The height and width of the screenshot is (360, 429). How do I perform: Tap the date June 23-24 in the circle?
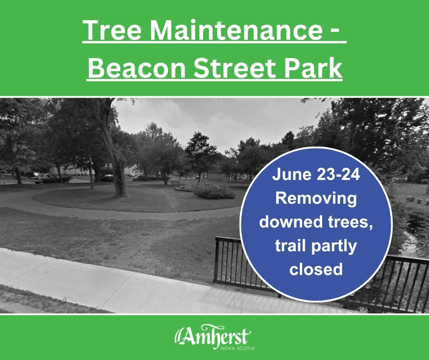pos(316,175)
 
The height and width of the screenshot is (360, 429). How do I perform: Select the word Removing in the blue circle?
pos(316,199)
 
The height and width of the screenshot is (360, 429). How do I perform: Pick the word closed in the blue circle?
pos(316,269)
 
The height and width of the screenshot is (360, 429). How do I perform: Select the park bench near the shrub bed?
pos(176,182)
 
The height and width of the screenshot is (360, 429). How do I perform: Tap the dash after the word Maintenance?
pos(338,31)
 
